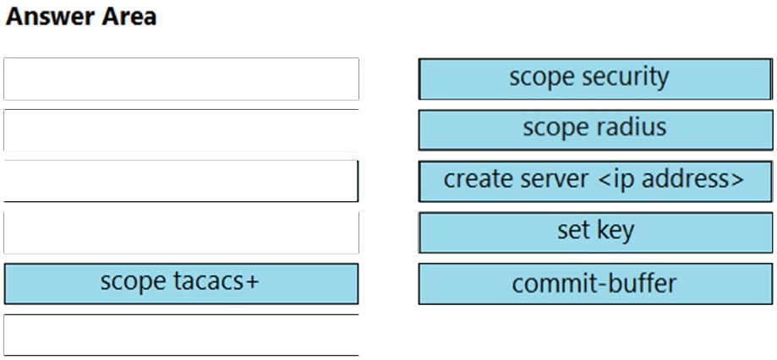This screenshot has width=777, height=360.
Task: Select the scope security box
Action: (x=595, y=79)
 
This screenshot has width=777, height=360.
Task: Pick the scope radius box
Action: (x=595, y=130)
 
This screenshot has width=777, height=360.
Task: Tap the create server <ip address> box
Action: (x=595, y=181)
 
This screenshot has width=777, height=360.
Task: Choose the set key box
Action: (x=595, y=232)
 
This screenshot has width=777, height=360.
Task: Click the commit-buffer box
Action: (x=595, y=284)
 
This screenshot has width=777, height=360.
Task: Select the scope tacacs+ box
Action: (x=181, y=284)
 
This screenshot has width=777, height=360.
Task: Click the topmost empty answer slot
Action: (x=181, y=79)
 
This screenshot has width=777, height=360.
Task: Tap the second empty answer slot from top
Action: (x=181, y=130)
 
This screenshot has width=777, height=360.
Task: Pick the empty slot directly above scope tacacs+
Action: (x=181, y=232)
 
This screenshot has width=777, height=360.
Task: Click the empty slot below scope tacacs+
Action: (x=181, y=335)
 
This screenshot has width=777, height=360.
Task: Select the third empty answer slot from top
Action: (x=181, y=181)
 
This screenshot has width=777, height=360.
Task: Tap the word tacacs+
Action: (x=216, y=281)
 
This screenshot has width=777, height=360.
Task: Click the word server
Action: (x=555, y=180)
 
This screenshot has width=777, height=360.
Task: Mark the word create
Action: (x=479, y=179)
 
